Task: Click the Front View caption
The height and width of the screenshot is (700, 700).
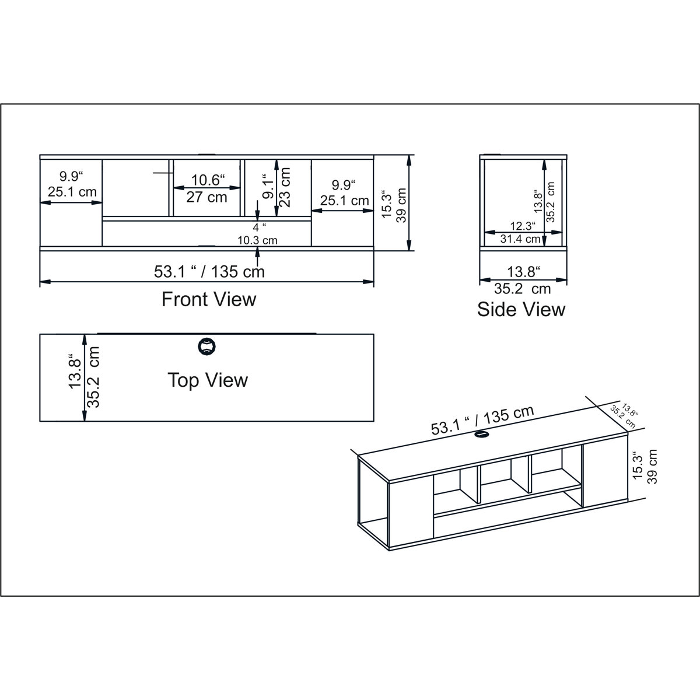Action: point(208,299)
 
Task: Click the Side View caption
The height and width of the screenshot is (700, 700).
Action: point(521,309)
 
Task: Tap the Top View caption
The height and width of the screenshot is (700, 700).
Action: point(208,380)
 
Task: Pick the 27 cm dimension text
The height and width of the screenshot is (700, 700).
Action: point(206,197)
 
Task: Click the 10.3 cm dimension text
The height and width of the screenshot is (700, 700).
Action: point(257,240)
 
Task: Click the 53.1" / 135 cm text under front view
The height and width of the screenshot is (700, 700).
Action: point(209,271)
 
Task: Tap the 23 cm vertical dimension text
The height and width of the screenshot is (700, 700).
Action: point(285,187)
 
